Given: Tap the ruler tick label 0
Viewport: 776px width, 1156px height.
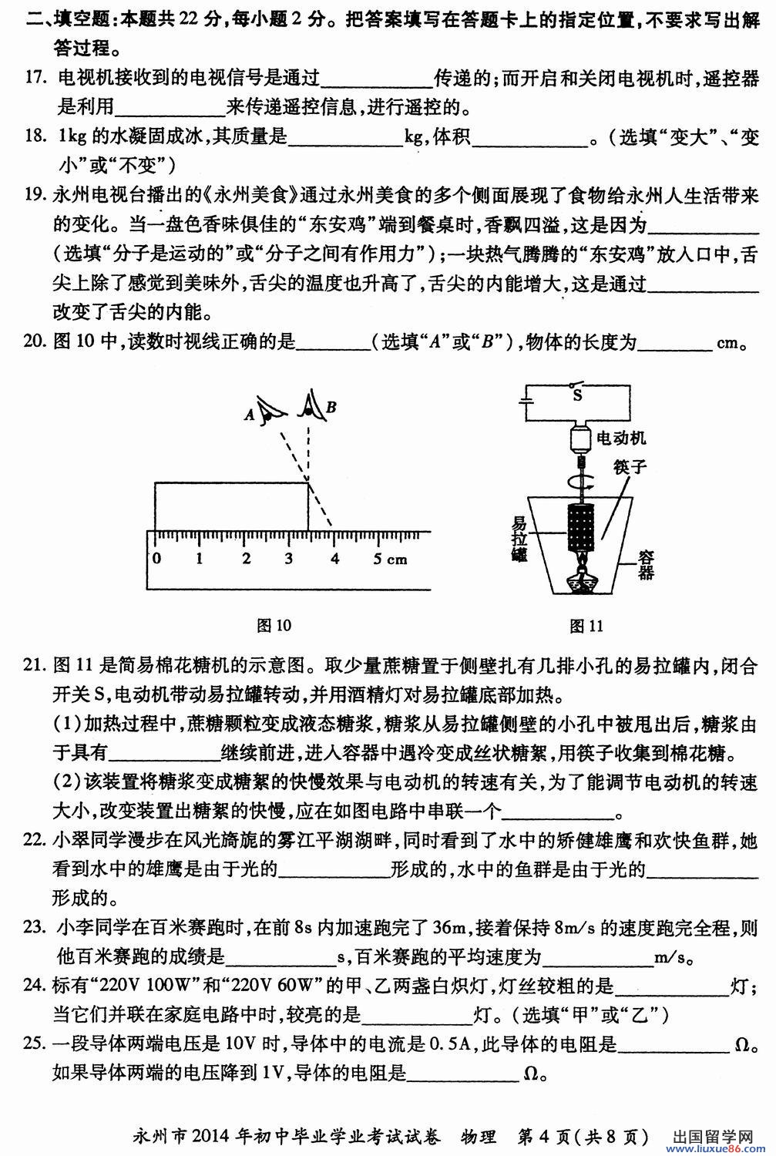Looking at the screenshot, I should click(157, 558).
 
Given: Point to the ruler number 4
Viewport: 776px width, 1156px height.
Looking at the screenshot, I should click(334, 558).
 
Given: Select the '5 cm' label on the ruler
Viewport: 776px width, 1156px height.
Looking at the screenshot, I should click(390, 558).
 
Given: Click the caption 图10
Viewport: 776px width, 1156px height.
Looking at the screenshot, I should click(274, 625).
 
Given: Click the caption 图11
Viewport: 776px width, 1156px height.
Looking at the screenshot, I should click(586, 625).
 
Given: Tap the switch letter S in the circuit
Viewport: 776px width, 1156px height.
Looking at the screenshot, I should click(576, 395).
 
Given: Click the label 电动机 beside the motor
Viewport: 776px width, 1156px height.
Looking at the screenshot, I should click(621, 438).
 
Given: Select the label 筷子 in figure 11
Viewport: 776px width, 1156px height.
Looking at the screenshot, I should click(630, 467).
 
